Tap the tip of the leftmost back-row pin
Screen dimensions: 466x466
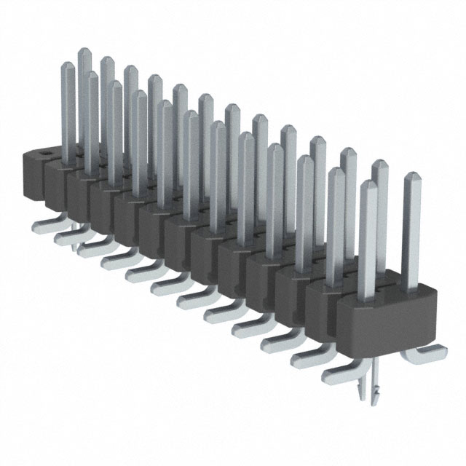(x=84, y=52)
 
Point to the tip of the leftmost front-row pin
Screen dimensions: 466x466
(x=69, y=66)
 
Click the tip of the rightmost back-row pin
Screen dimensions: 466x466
(x=411, y=177)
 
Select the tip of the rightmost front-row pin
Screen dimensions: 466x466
(x=368, y=186)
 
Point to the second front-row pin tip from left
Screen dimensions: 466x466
(x=92, y=76)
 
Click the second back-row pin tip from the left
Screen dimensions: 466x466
(x=107, y=60)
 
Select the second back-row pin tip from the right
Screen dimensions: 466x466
(x=379, y=164)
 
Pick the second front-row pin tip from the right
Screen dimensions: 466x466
(x=336, y=173)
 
